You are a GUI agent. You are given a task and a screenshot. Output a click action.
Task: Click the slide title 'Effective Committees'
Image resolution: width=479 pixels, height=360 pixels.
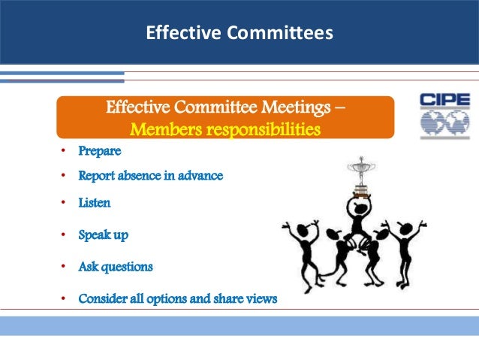pos(239,32)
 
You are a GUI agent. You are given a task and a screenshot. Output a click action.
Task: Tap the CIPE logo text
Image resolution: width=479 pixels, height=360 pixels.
pos(444,100)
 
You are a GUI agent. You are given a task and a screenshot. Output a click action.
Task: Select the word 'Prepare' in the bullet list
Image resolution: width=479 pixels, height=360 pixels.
pos(100,151)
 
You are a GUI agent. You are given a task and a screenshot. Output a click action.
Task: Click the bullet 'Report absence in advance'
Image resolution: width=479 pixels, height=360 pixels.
pos(151,176)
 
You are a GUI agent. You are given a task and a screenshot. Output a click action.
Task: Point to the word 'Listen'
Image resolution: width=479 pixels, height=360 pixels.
pos(94,203)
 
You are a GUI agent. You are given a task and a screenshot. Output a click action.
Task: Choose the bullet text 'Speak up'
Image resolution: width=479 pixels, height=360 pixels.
pos(104,234)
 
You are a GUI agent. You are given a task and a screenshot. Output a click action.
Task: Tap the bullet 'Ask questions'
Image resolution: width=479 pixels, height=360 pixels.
pos(116,267)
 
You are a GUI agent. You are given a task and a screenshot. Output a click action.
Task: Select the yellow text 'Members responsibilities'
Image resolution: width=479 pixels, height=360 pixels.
pos(225,131)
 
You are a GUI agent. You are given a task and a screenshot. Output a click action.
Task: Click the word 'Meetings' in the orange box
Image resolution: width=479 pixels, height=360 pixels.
pos(297,107)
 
